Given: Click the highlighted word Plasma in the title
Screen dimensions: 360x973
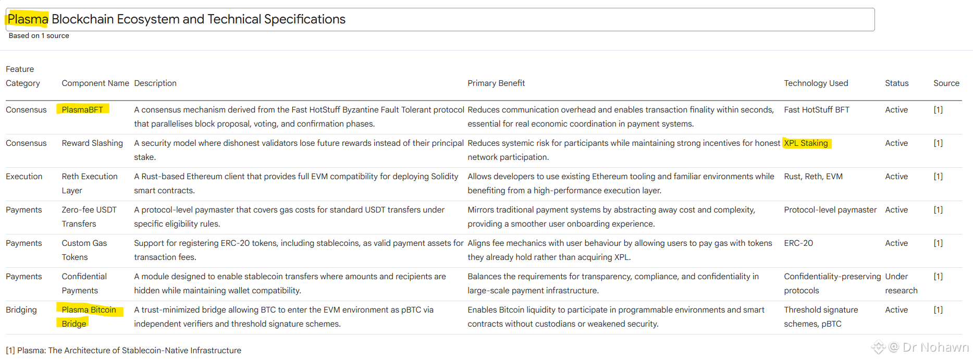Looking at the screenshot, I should tap(28, 19).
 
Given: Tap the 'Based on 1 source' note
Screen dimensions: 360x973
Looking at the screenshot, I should tap(39, 35).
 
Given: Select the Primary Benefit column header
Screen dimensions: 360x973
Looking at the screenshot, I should tap(496, 83).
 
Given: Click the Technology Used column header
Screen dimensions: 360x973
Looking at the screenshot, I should tap(816, 83).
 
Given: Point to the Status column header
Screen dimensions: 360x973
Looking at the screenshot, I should tap(896, 83).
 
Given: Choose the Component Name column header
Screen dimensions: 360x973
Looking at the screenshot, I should tap(95, 83).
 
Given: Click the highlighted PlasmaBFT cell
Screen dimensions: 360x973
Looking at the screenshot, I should tap(82, 109).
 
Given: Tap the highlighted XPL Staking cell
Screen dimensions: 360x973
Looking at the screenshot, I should tap(806, 143).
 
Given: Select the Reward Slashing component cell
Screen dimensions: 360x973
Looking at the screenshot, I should tap(92, 143).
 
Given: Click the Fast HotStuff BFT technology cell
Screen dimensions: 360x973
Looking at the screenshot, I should tap(816, 109).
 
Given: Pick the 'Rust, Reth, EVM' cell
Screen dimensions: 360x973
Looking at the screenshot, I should tap(813, 176).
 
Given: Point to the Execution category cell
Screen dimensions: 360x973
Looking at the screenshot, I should tap(24, 176).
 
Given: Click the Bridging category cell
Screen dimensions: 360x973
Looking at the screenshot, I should tap(21, 309).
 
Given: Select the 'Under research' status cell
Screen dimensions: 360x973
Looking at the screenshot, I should tap(901, 283).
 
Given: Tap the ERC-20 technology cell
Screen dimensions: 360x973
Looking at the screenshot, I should tap(798, 243).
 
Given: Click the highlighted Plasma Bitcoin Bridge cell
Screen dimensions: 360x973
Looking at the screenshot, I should tap(89, 316).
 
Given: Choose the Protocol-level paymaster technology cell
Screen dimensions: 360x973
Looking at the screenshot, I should tap(830, 209).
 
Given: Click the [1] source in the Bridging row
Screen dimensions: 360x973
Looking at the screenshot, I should tap(938, 309).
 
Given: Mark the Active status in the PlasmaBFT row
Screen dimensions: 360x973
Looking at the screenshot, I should tap(896, 109).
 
